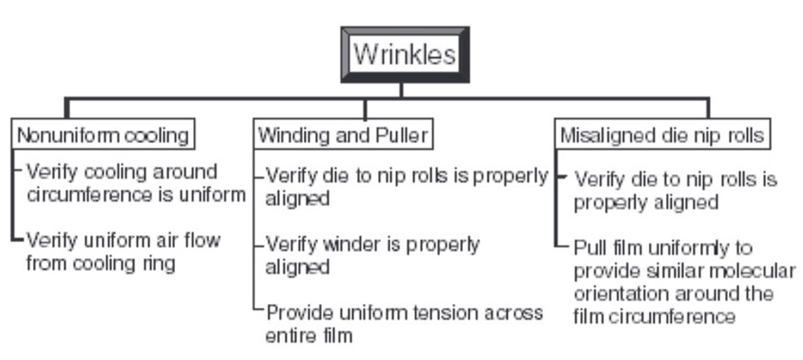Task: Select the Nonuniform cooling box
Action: [x=104, y=134]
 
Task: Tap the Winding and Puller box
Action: [x=342, y=135]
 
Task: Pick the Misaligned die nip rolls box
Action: [x=662, y=135]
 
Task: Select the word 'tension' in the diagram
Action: [x=429, y=312]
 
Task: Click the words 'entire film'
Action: [x=308, y=336]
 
